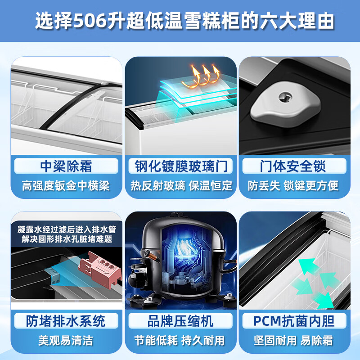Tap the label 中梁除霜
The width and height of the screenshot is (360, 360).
66,166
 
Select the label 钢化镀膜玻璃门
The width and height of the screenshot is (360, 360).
180,166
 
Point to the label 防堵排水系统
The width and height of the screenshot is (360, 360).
66,321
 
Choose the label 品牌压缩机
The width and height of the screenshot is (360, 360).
180,321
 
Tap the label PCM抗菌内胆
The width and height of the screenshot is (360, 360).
294,321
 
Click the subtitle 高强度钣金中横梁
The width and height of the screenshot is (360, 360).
66,185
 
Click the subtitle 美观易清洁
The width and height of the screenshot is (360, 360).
66,340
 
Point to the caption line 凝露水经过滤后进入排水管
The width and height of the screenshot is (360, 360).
66,229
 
